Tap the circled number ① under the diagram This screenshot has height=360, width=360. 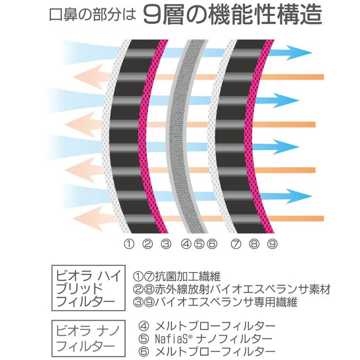pyautogui.click(x=129, y=244)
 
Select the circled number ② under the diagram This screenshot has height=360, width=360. pyautogui.click(x=147, y=244)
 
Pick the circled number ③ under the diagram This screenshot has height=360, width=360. pyautogui.click(x=166, y=244)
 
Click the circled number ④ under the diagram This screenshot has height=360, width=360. pyautogui.click(x=187, y=244)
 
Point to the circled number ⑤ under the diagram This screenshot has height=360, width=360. pyautogui.click(x=199, y=244)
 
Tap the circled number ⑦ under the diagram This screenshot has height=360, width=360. pyautogui.click(x=236, y=244)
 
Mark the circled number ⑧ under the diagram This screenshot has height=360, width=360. pyautogui.click(x=254, y=244)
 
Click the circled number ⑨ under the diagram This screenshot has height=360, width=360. pyautogui.click(x=273, y=244)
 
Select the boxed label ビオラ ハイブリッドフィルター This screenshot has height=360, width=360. pyautogui.click(x=87, y=287)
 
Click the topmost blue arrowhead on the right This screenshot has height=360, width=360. pyautogui.click(x=304, y=52)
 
